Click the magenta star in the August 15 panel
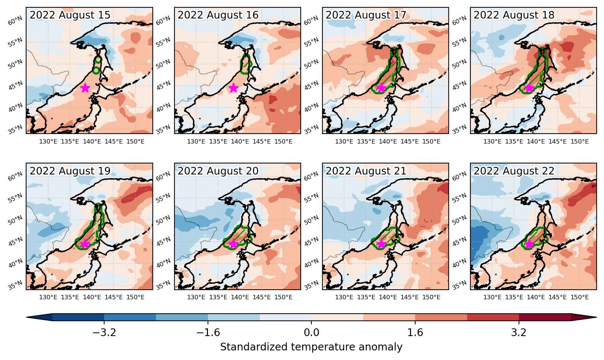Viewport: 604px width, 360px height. coord(85,88)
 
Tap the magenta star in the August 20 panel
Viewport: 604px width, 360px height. coord(233,244)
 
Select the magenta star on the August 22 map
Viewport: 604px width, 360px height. coord(529,244)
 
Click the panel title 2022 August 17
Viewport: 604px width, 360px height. coord(366,15)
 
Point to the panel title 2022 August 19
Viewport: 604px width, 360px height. coord(70,171)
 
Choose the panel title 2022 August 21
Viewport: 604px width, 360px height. coord(366,171)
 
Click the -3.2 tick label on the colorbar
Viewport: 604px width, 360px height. coord(104,332)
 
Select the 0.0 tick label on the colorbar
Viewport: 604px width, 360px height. coord(311,332)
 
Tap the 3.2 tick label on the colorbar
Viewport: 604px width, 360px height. coord(519,332)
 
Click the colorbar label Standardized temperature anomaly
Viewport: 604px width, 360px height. coord(311,347)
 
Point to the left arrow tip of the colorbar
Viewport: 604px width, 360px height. coord(27,317)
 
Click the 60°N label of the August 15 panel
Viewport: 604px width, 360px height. coord(15,21)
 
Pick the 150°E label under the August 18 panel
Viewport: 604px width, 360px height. coord(579,142)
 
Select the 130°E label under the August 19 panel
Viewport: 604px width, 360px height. coord(48,297)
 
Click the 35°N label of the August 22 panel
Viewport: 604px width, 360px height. coord(459,285)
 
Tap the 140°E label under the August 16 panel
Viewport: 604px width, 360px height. coord(240,142)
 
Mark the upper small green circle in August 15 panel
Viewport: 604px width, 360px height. coord(98,60)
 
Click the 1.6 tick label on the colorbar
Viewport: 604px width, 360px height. coord(415,332)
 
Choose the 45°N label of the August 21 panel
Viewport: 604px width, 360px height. coord(311,241)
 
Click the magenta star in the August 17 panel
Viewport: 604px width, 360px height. coord(381,88)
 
